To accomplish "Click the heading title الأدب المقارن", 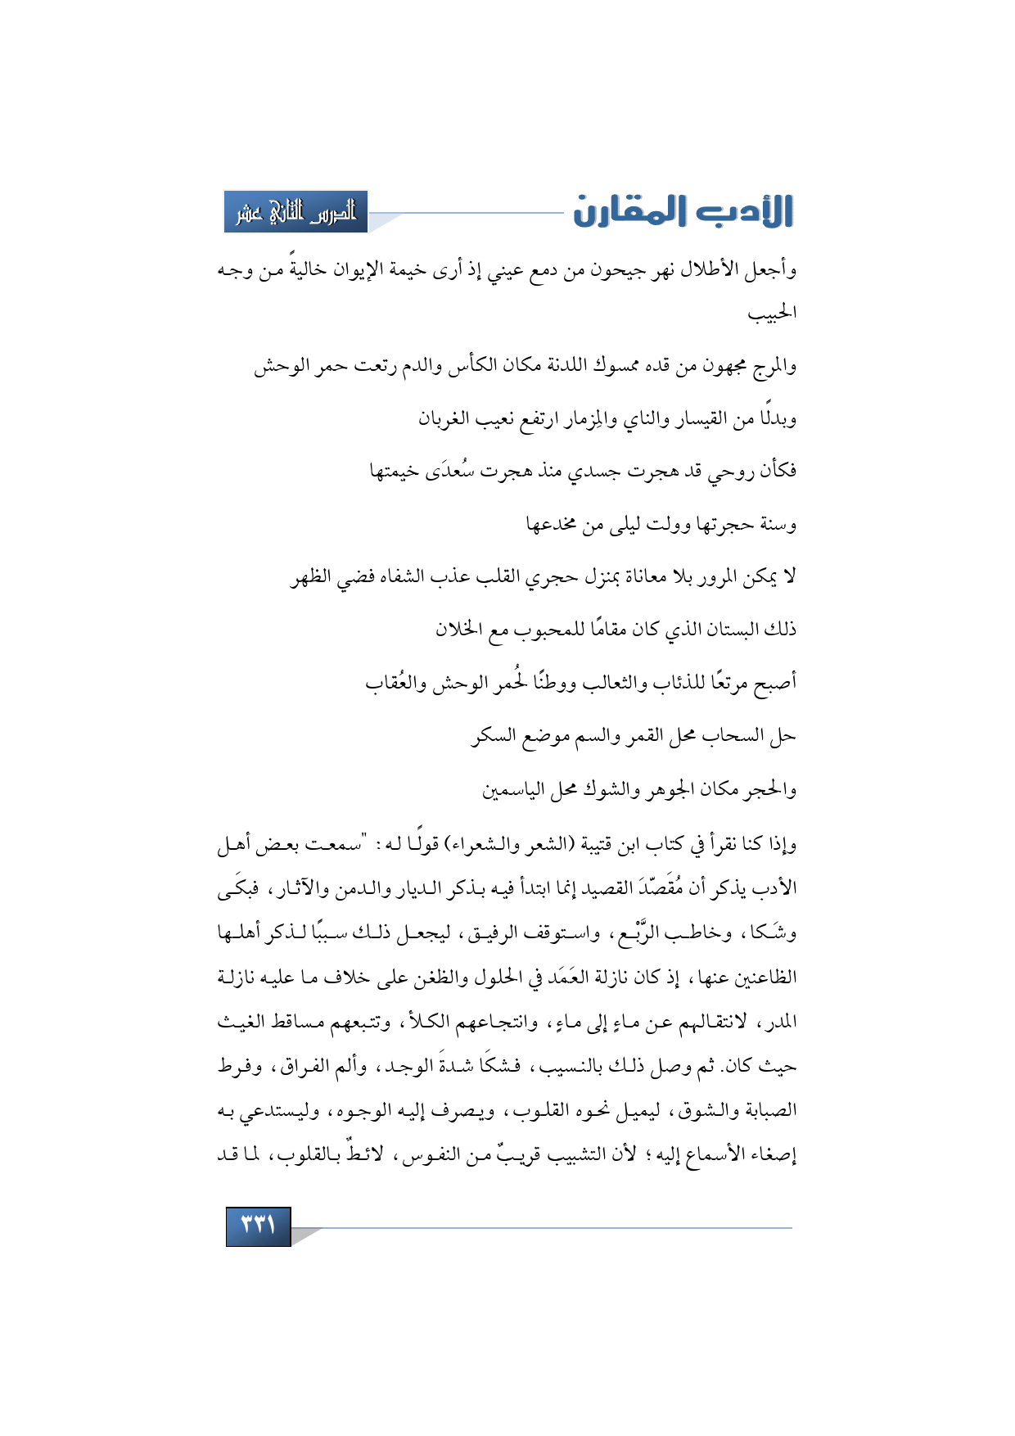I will [683, 211].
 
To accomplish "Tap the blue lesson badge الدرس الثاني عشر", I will [296, 212].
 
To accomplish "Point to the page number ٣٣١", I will [258, 1226].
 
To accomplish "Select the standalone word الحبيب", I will [772, 314].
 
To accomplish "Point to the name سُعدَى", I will [448, 472].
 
